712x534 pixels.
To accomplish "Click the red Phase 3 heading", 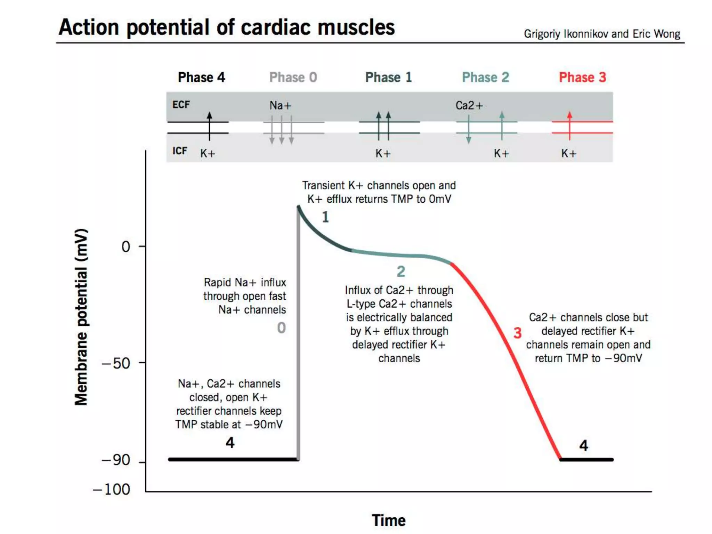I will coord(582,77).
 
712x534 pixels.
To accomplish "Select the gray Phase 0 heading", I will coord(293,77).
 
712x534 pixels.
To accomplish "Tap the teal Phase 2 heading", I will coord(485,77).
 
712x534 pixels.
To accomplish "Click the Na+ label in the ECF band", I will coord(280,105).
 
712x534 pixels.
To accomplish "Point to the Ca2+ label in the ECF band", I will coord(469,105).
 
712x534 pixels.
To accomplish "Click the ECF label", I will coord(181,105).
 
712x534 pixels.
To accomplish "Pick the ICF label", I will coord(179,151).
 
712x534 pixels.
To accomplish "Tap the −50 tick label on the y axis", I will coord(116,364).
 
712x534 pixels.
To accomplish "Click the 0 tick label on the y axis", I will coord(126,247).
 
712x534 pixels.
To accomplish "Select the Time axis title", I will coord(388,520).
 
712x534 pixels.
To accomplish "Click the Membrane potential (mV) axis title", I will coord(81,317).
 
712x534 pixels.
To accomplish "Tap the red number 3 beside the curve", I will coord(517,333).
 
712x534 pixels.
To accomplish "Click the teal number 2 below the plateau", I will coord(401,272).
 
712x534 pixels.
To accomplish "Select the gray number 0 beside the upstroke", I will coord(281,328).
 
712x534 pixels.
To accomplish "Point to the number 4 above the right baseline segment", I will coord(583,445).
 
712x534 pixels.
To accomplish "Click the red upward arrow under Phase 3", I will coord(569,126).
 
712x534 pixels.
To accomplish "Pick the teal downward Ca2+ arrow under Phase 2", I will coord(469,129).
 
